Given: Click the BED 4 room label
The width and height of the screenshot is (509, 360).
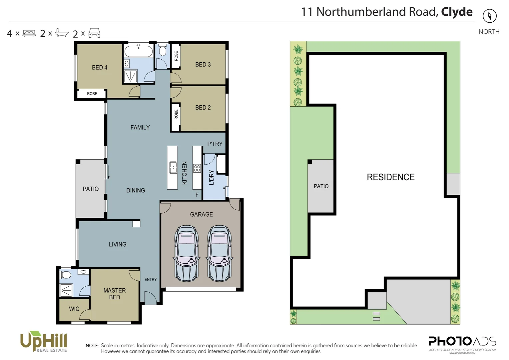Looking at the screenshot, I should point(100,68).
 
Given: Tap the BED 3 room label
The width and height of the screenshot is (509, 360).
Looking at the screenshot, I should point(203,65).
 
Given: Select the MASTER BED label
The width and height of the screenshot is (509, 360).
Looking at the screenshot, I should point(115,294).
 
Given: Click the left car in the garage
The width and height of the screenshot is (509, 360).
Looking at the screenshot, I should point(186,253).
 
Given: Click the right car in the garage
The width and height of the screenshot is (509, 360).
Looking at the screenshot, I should point(219,253).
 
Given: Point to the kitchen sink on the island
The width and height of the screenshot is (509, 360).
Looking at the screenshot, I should point(173,168).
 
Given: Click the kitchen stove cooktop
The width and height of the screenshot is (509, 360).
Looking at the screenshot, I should point(197,168).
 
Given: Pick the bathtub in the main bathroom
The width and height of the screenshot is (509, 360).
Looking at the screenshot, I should point(139,52).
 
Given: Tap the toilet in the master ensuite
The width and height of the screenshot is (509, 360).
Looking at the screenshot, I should point(65,275).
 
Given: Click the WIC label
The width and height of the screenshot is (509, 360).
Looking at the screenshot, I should point(74,309).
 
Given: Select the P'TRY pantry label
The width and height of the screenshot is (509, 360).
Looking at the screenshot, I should point(215,144).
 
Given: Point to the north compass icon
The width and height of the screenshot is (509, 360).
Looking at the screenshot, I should point(489,16).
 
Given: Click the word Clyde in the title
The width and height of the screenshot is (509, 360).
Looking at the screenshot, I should point(457,12).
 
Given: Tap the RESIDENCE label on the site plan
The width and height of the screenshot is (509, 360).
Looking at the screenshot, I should point(391,177).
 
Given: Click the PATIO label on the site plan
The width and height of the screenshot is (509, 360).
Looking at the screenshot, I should point(321,186).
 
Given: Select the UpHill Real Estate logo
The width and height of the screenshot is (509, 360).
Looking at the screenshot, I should point(44,342).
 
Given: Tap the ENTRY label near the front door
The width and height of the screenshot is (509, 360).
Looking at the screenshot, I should point(151,280).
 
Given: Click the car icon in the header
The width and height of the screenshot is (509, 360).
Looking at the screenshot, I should point(94,33).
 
